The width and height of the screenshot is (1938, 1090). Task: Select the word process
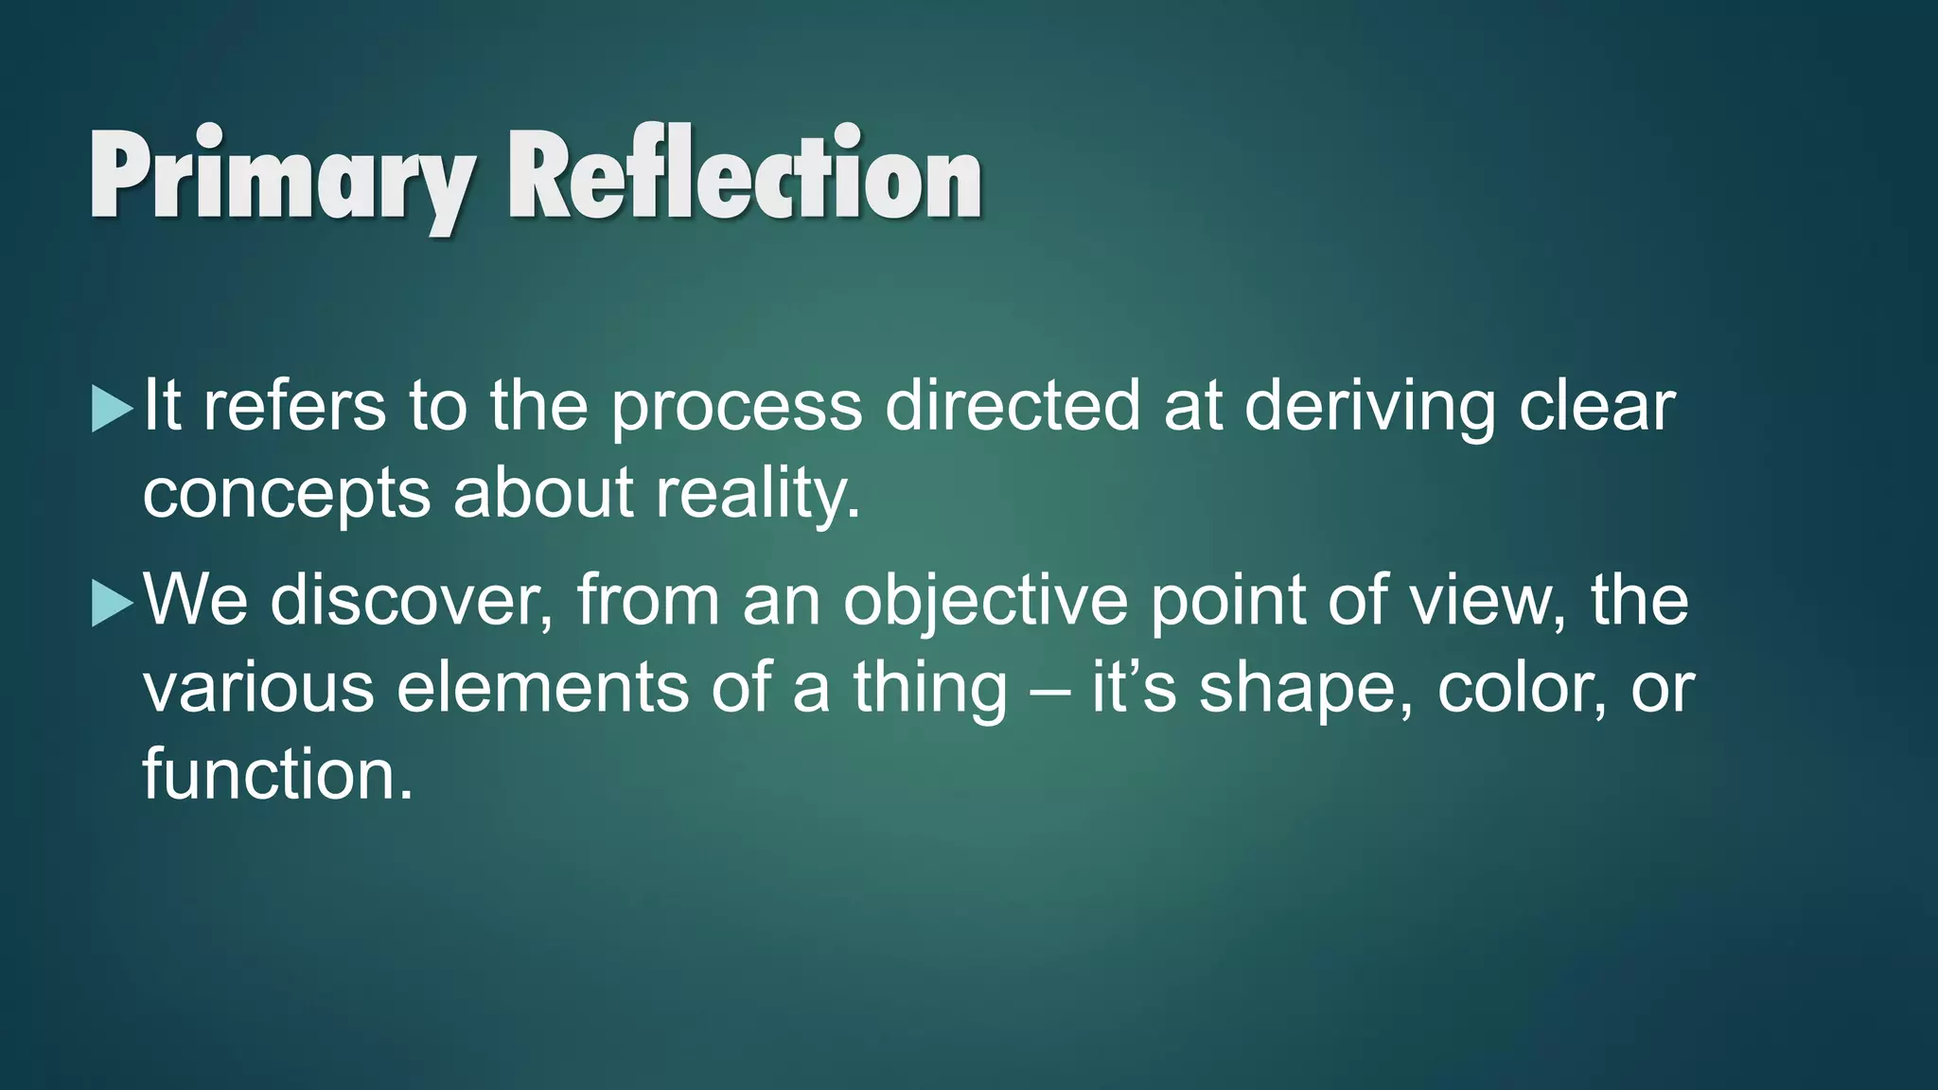(x=736, y=408)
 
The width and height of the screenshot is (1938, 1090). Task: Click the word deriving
(x=1369, y=408)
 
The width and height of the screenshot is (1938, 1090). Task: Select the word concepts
(x=287, y=495)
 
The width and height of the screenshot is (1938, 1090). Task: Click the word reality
(x=757, y=495)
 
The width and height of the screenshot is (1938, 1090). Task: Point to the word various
(x=258, y=688)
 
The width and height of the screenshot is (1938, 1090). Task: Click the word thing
(x=930, y=690)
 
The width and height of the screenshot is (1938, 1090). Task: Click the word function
(x=276, y=774)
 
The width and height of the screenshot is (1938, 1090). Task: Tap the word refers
(x=294, y=406)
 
